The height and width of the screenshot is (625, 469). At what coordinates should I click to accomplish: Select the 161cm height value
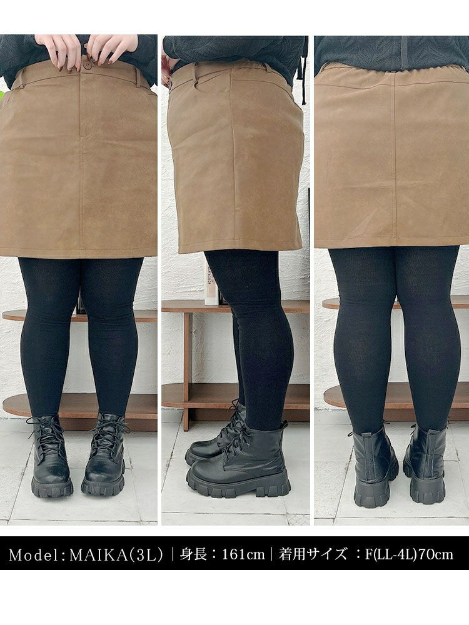(243, 554)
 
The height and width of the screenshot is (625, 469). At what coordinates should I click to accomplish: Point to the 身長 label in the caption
(193, 554)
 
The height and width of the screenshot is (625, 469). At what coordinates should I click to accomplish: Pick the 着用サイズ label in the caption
(313, 554)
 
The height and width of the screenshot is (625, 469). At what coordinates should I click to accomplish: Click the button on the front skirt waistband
(85, 66)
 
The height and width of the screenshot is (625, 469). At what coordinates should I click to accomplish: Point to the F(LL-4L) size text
(390, 554)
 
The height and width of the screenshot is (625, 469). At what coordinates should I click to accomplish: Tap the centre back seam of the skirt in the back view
(395, 159)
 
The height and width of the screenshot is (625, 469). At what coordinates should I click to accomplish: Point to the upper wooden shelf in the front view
(80, 316)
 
